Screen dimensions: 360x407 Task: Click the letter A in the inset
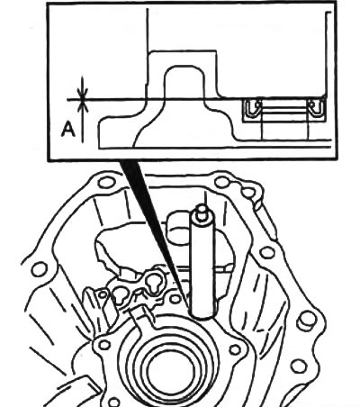click(68, 131)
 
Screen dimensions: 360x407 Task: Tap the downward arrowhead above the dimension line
click(82, 93)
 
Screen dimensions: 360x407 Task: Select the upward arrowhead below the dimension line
click(82, 106)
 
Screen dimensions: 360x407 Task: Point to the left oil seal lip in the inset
click(253, 108)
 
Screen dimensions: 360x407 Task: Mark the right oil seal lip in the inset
click(316, 107)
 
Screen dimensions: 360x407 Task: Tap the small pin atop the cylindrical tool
click(202, 210)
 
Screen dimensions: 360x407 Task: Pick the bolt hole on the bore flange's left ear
click(104, 345)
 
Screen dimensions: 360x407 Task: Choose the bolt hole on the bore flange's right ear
click(235, 349)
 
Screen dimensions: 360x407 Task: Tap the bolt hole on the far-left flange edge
click(40, 269)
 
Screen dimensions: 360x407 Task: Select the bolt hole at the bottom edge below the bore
click(114, 402)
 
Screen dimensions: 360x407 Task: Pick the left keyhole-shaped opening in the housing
click(120, 294)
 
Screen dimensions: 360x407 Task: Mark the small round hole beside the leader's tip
click(175, 299)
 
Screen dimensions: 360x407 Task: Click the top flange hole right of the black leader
click(222, 182)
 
